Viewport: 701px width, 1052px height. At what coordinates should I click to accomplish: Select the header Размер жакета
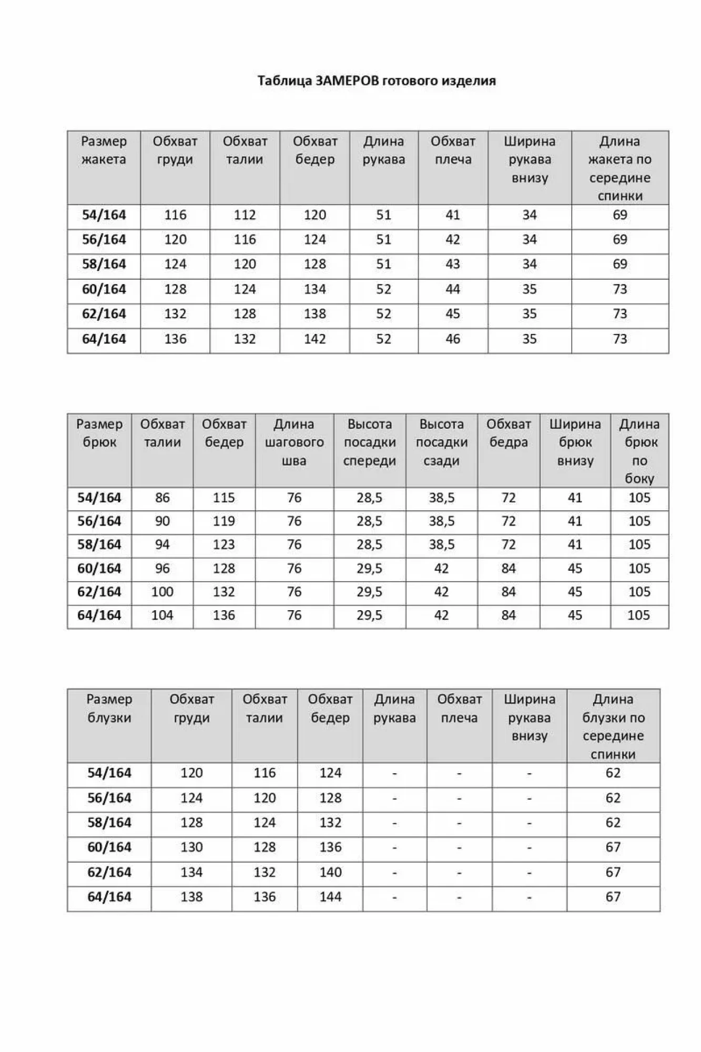click(104, 150)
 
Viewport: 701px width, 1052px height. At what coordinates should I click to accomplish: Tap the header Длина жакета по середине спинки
click(619, 168)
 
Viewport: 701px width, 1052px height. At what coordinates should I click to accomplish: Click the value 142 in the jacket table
click(314, 339)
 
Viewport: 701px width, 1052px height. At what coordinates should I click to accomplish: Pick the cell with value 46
click(453, 339)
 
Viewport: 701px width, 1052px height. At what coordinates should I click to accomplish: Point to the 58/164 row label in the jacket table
click(104, 264)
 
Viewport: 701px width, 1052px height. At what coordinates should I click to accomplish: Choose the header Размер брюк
click(99, 433)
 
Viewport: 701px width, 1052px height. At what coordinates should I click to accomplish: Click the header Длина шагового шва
click(294, 442)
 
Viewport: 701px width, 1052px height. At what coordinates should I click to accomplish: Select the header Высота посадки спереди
click(370, 442)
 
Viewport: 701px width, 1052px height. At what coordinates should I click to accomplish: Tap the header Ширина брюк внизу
click(575, 442)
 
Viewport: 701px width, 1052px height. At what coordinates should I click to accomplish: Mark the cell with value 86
click(162, 498)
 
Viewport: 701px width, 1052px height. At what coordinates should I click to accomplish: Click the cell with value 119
click(223, 521)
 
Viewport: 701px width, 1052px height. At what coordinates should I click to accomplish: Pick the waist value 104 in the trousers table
click(162, 615)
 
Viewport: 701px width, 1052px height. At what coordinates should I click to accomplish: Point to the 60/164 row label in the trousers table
click(99, 569)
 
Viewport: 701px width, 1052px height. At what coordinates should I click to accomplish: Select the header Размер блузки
click(109, 709)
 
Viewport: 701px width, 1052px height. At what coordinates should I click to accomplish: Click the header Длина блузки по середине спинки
click(613, 726)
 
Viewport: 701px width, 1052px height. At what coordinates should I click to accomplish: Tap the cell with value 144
click(330, 897)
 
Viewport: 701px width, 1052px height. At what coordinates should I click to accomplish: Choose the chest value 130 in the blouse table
click(191, 847)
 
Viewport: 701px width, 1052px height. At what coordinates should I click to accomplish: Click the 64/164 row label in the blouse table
click(109, 897)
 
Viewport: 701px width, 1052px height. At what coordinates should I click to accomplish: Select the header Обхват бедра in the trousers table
click(508, 433)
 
